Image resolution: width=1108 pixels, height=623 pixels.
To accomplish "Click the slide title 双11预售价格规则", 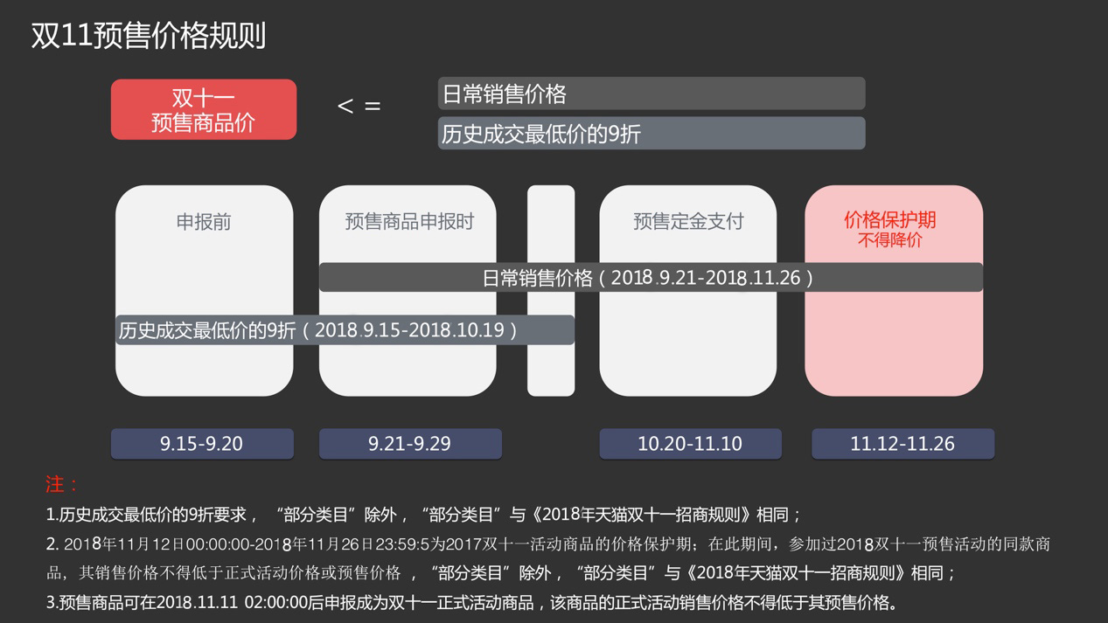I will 149,36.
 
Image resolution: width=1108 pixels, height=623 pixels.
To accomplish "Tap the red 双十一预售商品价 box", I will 204,110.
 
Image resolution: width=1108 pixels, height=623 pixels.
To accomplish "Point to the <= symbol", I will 359,107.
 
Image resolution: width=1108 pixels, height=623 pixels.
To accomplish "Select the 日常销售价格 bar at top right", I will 651,93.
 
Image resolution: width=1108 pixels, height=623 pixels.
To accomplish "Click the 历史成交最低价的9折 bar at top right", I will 651,134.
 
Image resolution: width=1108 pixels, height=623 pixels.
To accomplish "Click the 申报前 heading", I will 204,222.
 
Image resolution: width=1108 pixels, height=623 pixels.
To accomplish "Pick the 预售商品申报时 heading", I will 408,222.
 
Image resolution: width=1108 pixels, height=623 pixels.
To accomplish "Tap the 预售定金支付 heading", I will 688,222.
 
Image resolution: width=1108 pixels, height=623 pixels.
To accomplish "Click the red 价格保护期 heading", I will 889,219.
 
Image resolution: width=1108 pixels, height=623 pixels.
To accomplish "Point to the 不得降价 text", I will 889,240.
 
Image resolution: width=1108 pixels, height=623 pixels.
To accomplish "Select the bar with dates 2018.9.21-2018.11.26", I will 651,278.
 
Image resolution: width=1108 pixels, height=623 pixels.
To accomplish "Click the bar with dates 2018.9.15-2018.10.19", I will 345,330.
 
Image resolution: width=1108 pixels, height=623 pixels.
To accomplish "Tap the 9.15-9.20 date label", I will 202,444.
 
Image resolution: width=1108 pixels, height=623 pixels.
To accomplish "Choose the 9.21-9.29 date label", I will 410,444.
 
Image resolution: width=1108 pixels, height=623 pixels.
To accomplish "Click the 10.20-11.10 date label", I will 690,444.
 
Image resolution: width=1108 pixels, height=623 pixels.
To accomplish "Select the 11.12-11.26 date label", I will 902,444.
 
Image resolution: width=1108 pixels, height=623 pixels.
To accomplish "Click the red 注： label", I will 61,484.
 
